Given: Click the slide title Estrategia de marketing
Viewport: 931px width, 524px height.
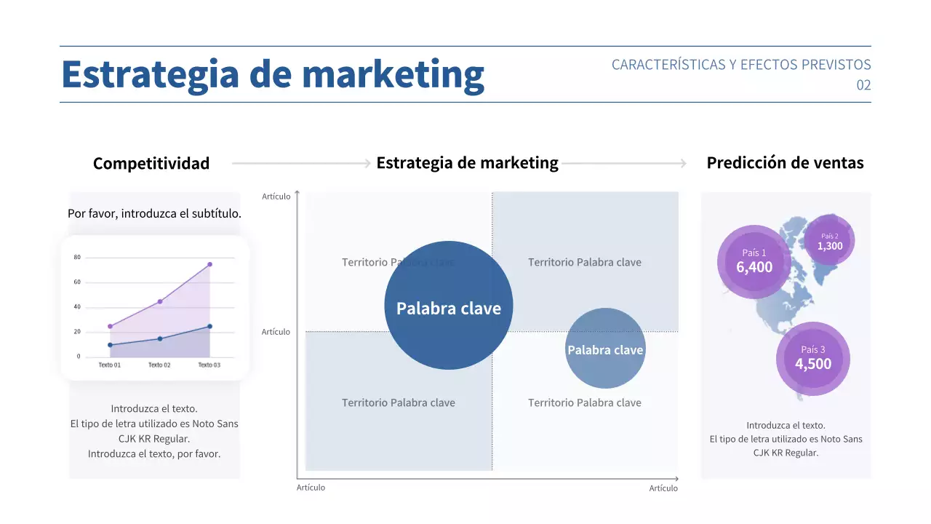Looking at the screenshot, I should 273,74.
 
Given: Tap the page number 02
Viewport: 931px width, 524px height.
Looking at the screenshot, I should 863,85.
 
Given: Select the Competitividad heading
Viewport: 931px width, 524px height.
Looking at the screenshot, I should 151,163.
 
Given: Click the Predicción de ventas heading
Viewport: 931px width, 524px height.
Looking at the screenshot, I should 785,162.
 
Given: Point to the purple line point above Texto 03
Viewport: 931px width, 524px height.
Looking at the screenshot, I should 209,264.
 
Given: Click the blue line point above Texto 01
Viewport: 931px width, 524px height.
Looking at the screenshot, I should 110,345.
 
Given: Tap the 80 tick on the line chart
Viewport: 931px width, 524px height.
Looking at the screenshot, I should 77,258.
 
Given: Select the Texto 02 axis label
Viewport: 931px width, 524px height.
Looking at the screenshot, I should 159,365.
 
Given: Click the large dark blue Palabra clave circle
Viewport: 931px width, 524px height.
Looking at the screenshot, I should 449,306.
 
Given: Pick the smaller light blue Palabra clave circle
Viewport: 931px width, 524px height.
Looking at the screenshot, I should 605,349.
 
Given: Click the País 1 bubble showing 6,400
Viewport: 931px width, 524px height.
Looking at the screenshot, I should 754,262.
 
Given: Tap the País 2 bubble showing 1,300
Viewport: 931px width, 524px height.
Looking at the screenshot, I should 830,241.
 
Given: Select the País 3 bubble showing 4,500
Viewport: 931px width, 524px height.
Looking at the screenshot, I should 812,359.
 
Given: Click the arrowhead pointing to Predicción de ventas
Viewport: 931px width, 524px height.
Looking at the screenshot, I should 683,163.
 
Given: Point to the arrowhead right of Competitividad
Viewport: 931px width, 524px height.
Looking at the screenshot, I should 367,164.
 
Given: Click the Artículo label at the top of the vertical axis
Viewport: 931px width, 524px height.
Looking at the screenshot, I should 276,196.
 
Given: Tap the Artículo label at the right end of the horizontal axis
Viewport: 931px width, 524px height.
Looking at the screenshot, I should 663,488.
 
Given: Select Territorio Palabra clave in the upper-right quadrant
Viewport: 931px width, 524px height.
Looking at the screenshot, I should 585,262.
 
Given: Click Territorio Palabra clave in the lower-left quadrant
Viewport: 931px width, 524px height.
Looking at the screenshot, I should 399,402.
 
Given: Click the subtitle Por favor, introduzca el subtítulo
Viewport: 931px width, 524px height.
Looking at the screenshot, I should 154,214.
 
